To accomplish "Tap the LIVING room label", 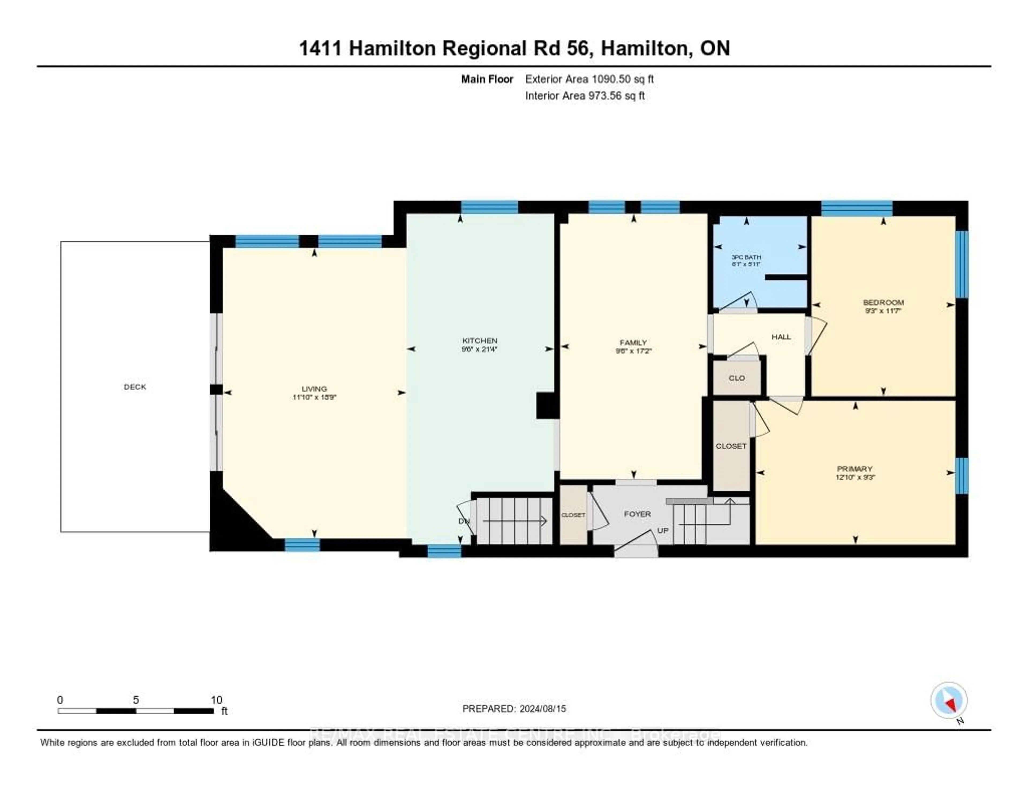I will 314,389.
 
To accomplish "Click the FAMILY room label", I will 633,343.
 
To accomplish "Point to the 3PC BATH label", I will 746,258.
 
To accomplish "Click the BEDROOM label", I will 883,303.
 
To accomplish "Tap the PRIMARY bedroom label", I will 855,469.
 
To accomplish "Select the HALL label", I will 781,337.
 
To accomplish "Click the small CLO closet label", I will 737,378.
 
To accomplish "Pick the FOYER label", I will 637,514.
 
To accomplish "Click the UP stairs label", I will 662,530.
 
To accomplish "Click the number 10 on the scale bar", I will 216,700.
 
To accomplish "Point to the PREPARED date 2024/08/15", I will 514,709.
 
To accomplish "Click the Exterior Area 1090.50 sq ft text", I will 589,79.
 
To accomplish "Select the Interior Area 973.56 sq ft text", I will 585,96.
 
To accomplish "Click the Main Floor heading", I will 487,79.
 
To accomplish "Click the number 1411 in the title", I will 320,48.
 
